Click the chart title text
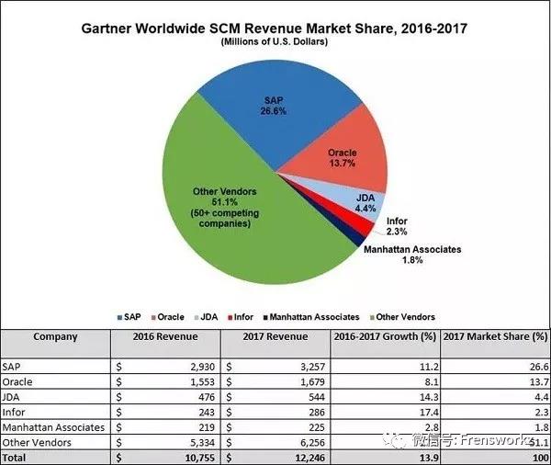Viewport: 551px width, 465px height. coord(275,28)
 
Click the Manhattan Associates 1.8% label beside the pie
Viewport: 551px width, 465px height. coord(408,255)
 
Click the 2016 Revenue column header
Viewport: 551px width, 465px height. coord(166,336)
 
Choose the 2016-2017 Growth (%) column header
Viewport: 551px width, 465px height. coord(385,336)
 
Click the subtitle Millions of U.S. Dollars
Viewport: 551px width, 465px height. coord(275,42)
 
